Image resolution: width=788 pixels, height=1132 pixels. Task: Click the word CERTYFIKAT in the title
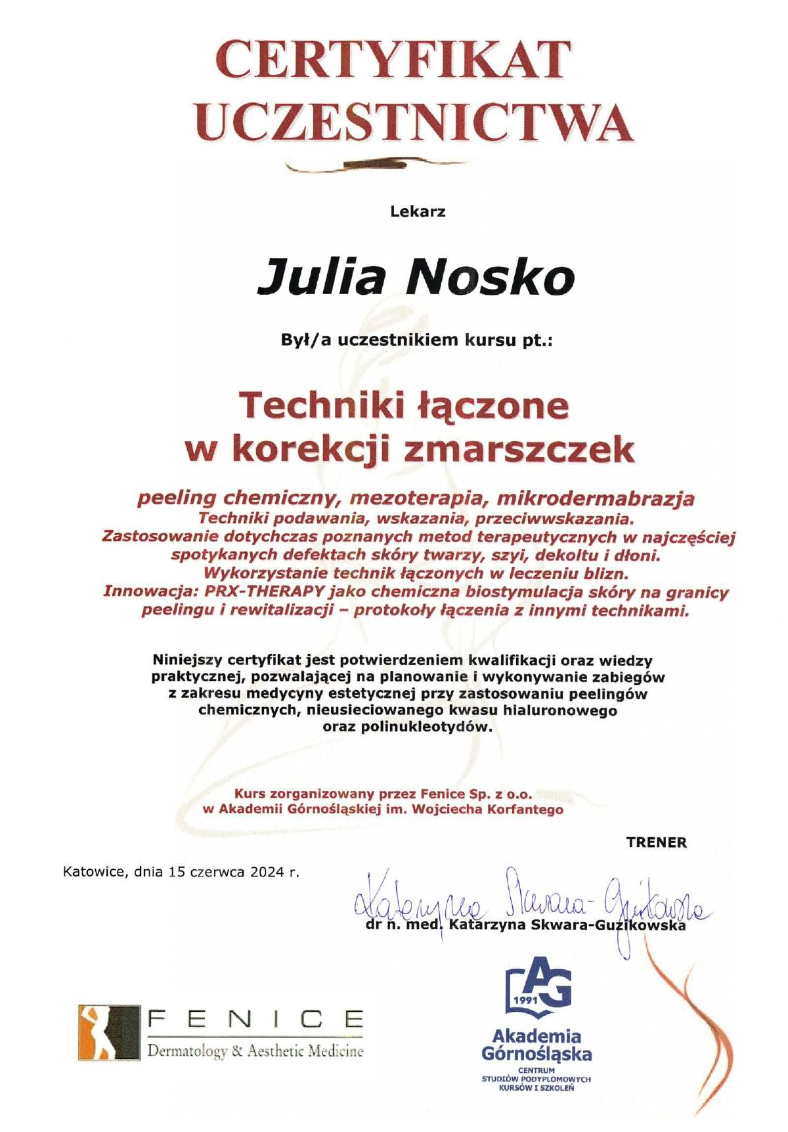393,60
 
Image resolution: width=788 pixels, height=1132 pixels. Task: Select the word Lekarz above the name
418,212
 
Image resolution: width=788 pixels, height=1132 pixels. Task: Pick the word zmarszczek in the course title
521,450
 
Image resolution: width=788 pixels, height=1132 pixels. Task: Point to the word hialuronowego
560,710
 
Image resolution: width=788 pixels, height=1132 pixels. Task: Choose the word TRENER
656,842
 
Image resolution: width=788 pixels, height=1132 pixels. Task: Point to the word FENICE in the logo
256,1020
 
